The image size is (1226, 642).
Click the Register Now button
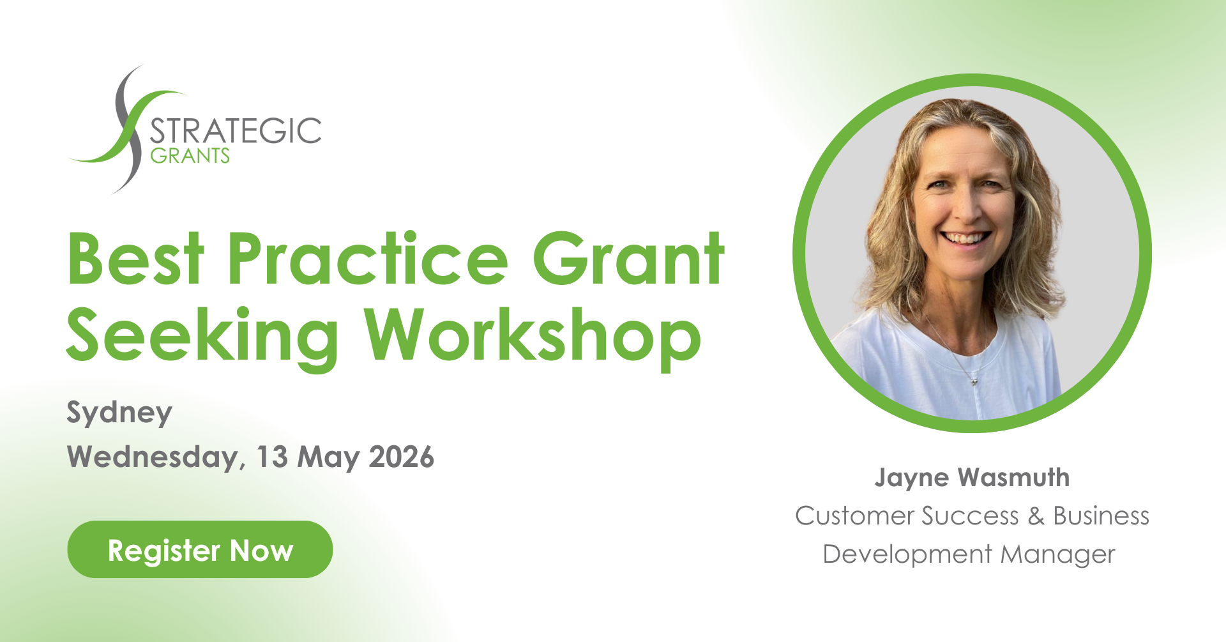(200, 549)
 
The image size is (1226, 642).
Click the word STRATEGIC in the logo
(236, 131)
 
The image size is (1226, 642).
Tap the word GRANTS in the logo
(190, 155)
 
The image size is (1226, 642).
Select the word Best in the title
(135, 259)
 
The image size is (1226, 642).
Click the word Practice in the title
(368, 258)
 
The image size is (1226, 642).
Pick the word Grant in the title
(628, 258)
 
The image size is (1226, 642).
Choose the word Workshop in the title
(533, 336)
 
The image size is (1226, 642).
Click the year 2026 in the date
(402, 457)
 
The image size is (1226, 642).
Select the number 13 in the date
(272, 457)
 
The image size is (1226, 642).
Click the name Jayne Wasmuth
(972, 478)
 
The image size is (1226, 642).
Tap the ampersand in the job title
(1036, 516)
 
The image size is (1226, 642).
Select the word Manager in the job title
(1057, 555)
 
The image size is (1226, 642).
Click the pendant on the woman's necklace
(974, 381)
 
